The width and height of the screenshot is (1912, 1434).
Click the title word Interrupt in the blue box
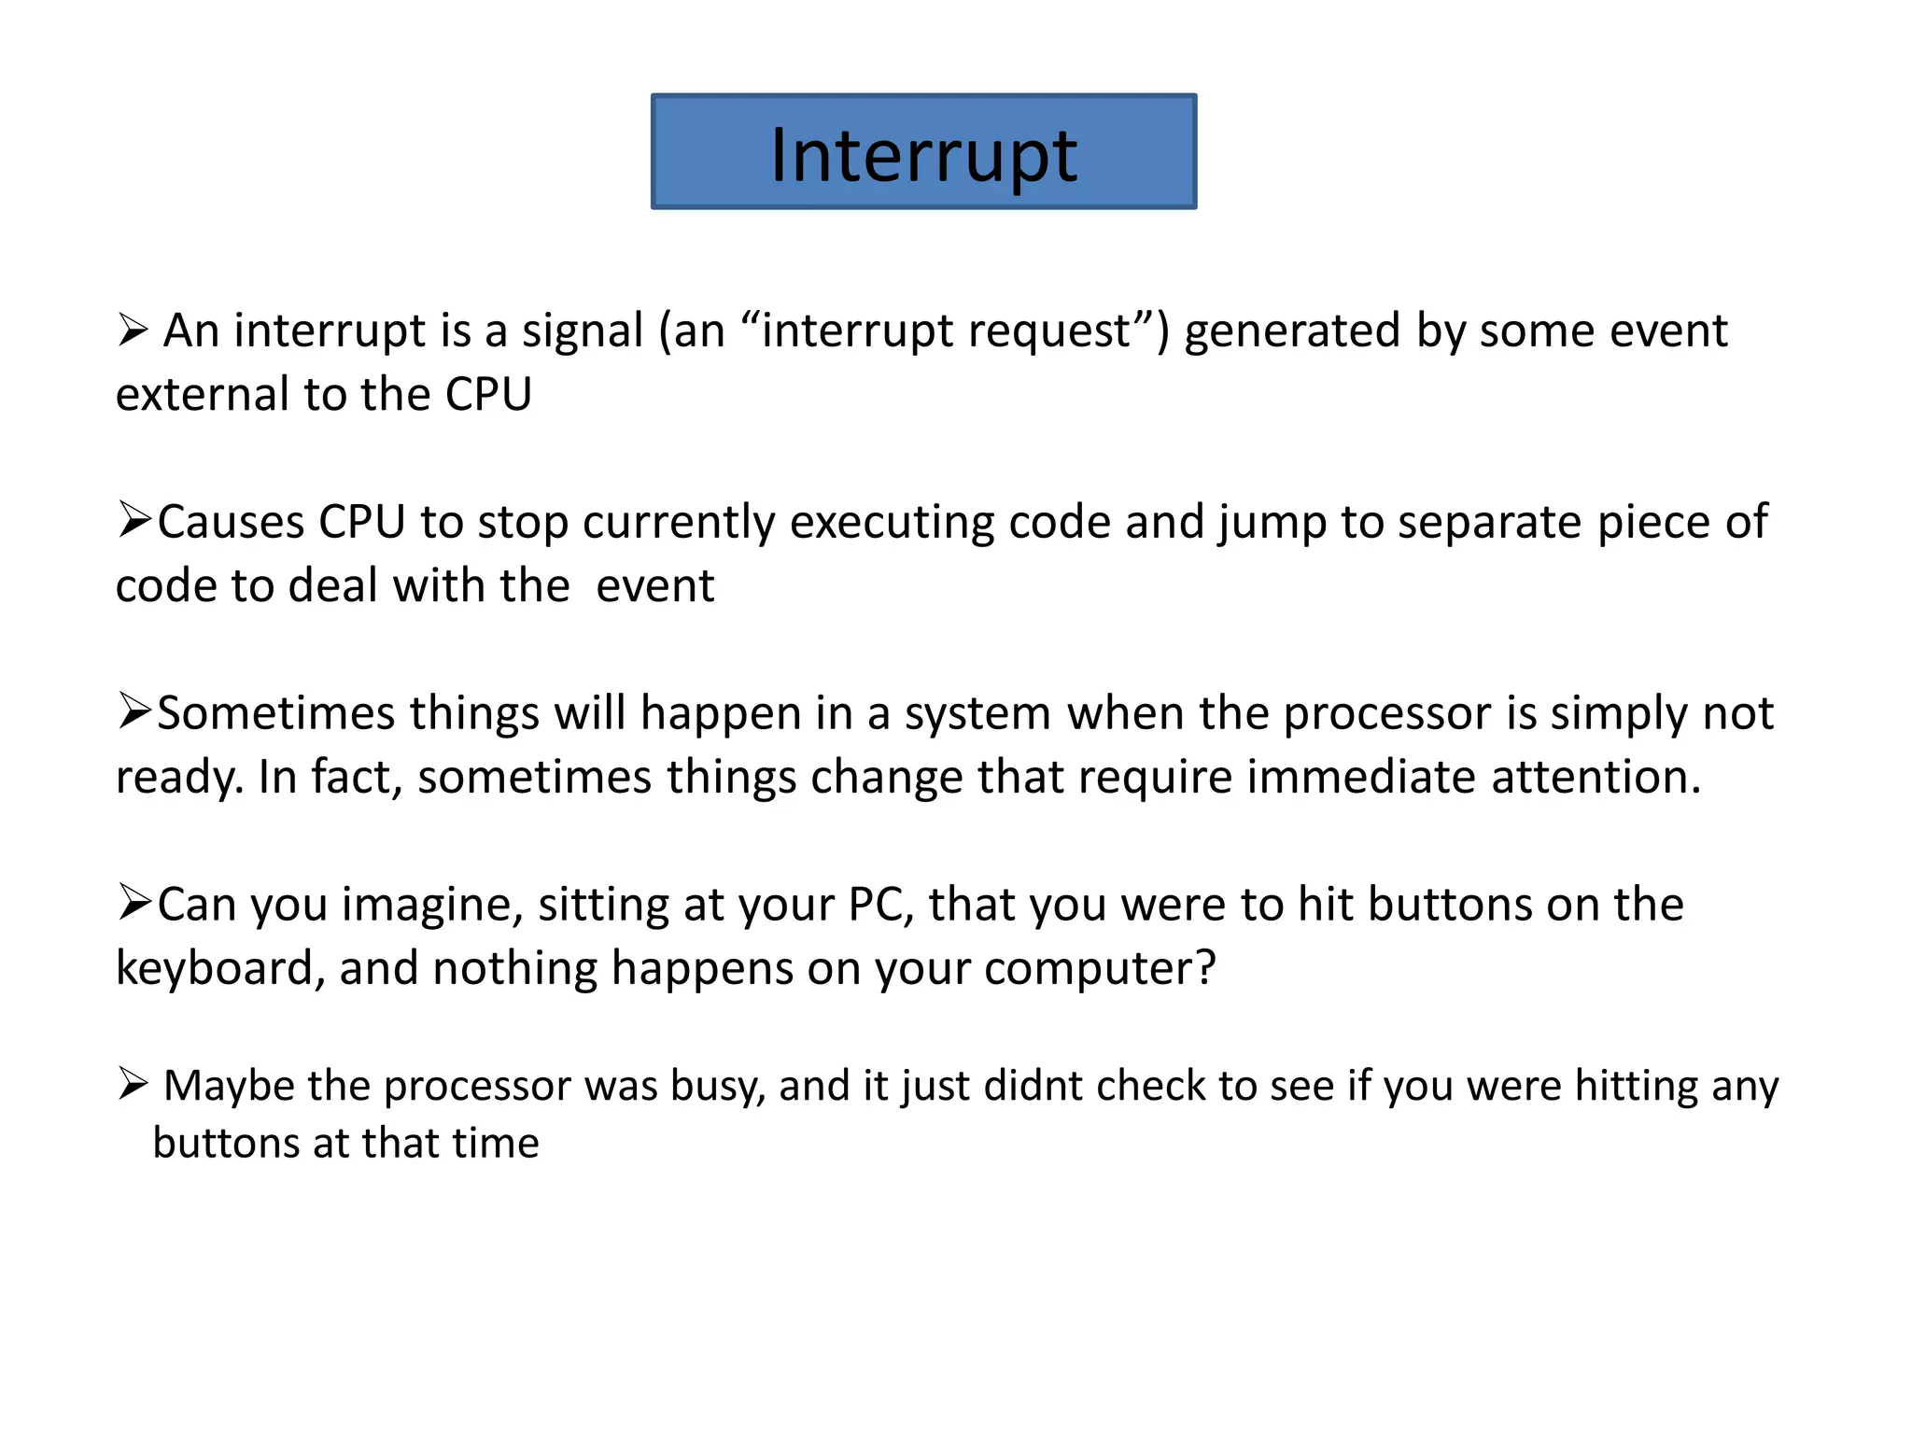tap(923, 155)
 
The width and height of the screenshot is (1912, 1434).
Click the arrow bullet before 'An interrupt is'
tap(134, 330)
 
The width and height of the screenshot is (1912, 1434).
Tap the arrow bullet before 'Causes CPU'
tap(134, 520)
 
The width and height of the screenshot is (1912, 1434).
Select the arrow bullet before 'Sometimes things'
tap(134, 711)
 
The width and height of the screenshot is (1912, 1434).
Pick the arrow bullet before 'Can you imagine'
tap(134, 903)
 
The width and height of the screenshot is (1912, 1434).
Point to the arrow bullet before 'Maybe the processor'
tap(134, 1084)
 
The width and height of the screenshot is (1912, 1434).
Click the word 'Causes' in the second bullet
tap(231, 522)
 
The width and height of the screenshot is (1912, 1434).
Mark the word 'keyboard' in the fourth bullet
tap(213, 968)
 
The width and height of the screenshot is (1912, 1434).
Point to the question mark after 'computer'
tap(1206, 968)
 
